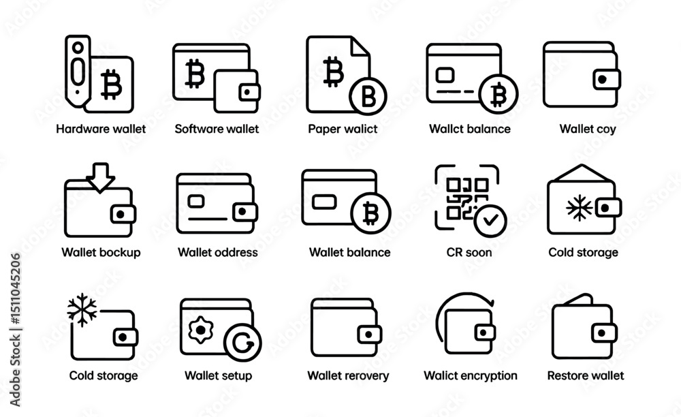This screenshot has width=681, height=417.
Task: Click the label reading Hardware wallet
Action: [101, 129]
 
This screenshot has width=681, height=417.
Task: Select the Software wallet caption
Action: [217, 129]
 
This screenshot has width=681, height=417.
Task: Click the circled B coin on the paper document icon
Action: [368, 96]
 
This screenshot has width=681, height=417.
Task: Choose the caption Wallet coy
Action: [588, 129]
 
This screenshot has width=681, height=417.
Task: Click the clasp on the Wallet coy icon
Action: [606, 80]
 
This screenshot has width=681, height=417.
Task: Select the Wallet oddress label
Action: [218, 252]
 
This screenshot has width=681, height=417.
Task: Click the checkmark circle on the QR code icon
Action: [490, 221]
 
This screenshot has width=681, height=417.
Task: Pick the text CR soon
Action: [469, 252]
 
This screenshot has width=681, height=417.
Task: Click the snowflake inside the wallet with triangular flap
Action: [579, 208]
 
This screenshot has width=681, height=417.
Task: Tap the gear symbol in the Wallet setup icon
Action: [200, 330]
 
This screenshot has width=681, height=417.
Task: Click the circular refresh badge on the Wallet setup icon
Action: [242, 342]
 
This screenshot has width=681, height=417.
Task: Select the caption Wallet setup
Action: [218, 375]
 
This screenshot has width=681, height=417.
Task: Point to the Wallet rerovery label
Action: [348, 375]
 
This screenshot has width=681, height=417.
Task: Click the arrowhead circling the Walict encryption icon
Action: [491, 301]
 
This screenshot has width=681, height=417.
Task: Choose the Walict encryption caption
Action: [471, 375]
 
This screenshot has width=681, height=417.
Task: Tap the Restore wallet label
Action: [586, 375]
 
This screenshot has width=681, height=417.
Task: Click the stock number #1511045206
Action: [16, 289]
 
